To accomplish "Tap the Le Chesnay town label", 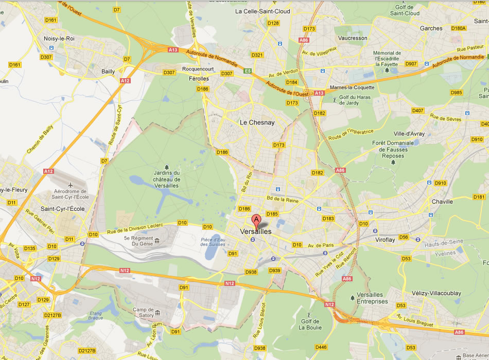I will click(258, 122).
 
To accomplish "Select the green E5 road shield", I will click(248, 71).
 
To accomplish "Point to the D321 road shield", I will click(257, 55).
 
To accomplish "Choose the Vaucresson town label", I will click(353, 38).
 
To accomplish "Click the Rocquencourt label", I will click(198, 69).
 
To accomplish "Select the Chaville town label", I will click(443, 202).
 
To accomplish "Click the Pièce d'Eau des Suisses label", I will click(213, 242).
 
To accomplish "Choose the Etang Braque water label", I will click(96, 316).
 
